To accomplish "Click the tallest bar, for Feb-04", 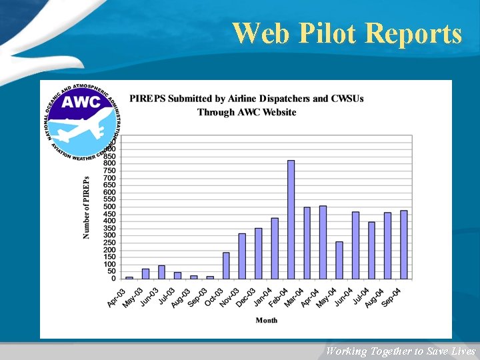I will (x=291, y=219).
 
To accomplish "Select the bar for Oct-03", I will (x=226, y=265).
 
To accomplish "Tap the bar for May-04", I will (x=339, y=260).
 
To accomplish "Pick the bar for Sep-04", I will (x=404, y=245).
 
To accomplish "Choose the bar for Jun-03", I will (x=161, y=272).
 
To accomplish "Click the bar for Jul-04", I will (x=371, y=251).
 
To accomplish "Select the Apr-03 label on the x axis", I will (x=117, y=297).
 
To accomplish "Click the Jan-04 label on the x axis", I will (x=261, y=297).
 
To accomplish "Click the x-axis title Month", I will (x=267, y=321).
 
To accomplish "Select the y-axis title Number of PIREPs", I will (x=86, y=207).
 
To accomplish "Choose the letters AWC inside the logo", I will (x=81, y=102).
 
